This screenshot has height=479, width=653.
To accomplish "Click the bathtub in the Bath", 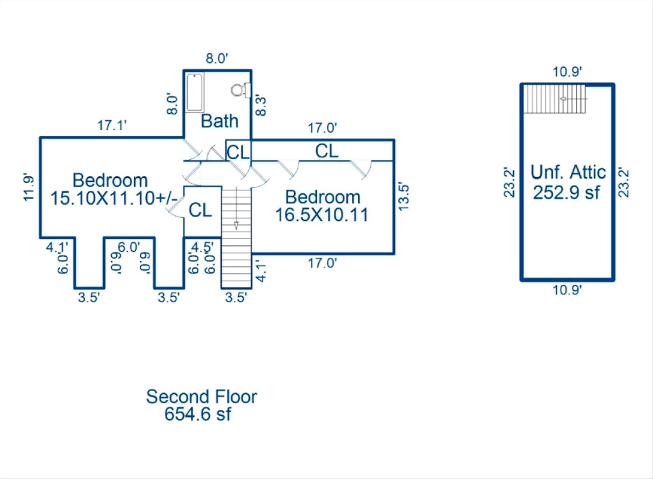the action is pos(194,92).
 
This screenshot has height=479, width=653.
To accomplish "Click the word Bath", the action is pos(220,121).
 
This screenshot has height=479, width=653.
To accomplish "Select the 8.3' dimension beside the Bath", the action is pos(261,106).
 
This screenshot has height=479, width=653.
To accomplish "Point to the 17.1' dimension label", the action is pos(112,125).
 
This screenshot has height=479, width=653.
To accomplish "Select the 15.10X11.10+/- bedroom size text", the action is pos(114,198).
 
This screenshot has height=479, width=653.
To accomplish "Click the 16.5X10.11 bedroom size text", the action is pos(322,214).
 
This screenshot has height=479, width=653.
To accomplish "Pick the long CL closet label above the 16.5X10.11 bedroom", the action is pos(326,151).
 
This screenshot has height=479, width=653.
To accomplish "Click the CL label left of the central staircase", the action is pos(200,210).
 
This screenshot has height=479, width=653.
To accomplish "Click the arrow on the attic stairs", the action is pos(574,99).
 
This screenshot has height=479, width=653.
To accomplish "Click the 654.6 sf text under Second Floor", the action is pos(198,414).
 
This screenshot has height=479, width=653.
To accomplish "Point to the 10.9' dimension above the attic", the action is pos(568,72).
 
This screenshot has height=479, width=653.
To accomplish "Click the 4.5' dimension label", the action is pos(202,247).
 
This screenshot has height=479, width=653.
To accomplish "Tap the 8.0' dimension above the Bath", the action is pos(217,59).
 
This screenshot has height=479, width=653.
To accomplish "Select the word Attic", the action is pos(588,172).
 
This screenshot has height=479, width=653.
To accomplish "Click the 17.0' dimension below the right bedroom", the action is pos(322,264).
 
